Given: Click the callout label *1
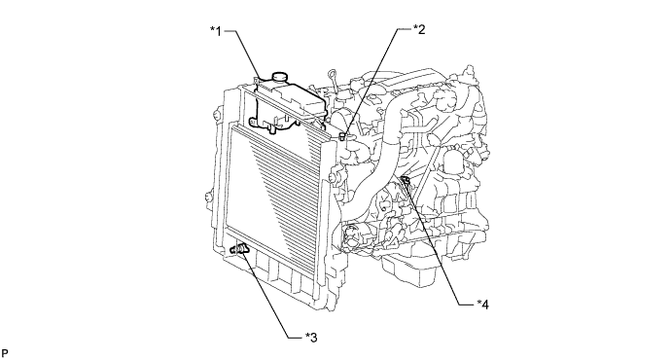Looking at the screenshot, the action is click(x=216, y=31).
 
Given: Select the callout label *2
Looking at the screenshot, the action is click(x=419, y=29).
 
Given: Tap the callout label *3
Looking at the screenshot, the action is click(x=311, y=338).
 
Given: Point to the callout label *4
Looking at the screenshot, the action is click(x=482, y=305).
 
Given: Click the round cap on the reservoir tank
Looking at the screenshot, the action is click(x=280, y=77).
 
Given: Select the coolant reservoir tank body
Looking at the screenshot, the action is click(x=288, y=103).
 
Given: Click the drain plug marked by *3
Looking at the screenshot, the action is click(x=239, y=249).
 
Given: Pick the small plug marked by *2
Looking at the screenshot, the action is click(x=343, y=137).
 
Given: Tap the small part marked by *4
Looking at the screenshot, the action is click(x=405, y=181).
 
